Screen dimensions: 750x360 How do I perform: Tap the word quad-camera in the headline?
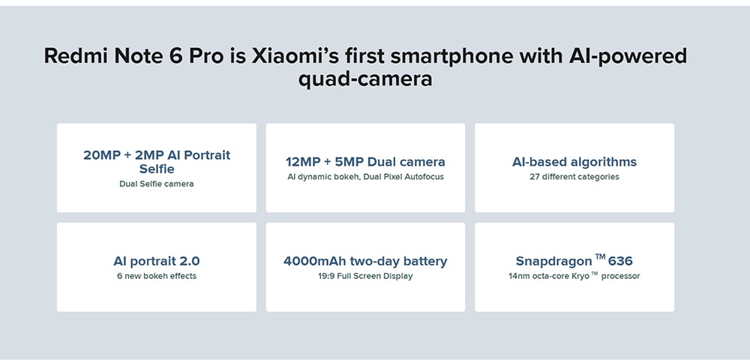coord(365,79)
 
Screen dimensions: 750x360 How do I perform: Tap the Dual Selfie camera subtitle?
coord(157,184)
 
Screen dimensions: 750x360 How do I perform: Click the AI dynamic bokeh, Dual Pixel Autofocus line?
coord(365,177)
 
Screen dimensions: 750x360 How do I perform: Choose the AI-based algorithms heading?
coord(574,162)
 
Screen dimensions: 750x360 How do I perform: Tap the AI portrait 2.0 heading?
coord(157,262)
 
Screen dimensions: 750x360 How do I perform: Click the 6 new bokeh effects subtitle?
coord(157,276)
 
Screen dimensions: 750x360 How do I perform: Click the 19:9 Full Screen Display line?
coord(365,276)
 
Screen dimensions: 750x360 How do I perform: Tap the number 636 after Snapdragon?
coord(620,262)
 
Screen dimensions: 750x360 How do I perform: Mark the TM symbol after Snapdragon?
coord(600,257)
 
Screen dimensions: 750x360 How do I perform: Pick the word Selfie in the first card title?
coord(157,169)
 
